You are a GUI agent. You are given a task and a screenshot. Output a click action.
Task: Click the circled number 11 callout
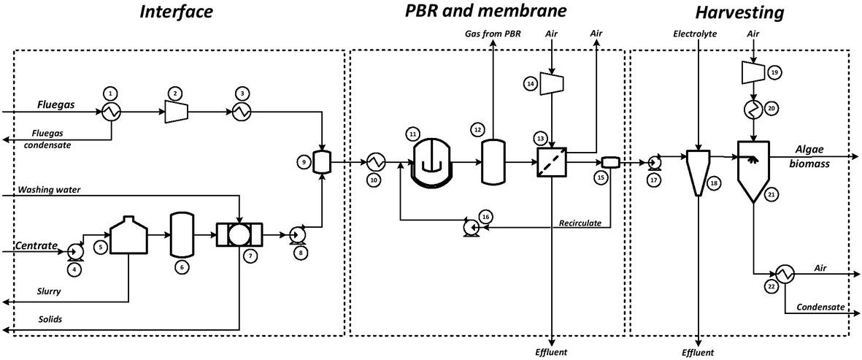tap(413, 134)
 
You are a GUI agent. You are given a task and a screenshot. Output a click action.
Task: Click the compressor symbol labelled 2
tap(175, 111)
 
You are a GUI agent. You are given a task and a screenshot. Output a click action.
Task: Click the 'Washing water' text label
tap(49, 190)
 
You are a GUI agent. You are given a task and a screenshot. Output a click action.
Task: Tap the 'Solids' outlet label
tap(30, 320)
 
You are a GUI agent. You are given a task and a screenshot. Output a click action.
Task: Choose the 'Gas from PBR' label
tap(493, 34)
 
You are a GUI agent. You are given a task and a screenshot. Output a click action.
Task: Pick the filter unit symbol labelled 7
tap(238, 235)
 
